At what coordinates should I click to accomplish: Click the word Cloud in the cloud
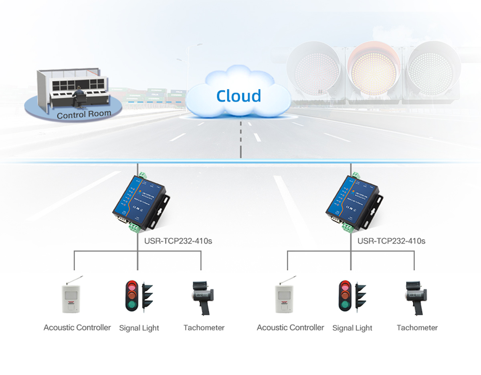tap(238, 96)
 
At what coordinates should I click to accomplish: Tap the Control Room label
tap(84, 115)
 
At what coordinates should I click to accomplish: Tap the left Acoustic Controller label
tap(77, 327)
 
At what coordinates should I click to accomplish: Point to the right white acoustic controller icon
tap(285, 298)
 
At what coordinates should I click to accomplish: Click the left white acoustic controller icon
tap(72, 298)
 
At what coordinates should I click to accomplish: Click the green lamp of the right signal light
tap(344, 306)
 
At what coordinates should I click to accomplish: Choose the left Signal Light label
tap(139, 328)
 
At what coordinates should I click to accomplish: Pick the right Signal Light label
tap(352, 328)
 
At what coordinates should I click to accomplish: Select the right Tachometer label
tap(417, 328)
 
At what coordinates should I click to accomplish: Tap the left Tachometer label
tap(204, 328)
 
